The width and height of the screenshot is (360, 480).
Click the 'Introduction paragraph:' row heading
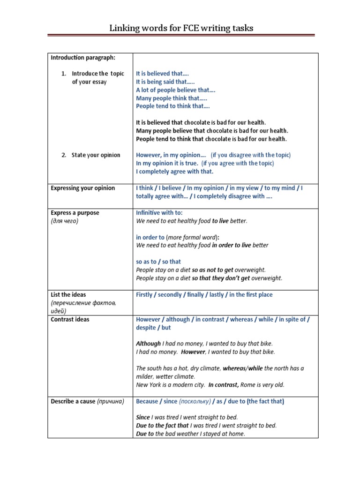tap(83, 58)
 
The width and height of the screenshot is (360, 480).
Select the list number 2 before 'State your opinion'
tap(63, 155)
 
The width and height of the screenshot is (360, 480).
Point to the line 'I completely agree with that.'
tap(174, 172)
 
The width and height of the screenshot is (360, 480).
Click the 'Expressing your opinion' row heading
tap(83, 188)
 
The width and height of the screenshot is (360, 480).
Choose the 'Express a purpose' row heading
tap(75, 213)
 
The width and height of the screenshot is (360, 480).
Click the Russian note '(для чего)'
tap(65, 221)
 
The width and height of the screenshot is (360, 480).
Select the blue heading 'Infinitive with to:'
tap(159, 213)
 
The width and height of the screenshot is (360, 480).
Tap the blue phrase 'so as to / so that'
tap(158, 262)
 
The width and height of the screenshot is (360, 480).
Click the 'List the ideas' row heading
tap(68, 295)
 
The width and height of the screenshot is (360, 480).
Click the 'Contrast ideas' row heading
tap(70, 320)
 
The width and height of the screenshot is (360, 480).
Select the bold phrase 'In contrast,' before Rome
tap(224, 385)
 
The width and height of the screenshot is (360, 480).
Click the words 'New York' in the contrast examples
tap(147, 385)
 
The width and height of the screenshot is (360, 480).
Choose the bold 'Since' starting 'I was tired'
tap(143, 417)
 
